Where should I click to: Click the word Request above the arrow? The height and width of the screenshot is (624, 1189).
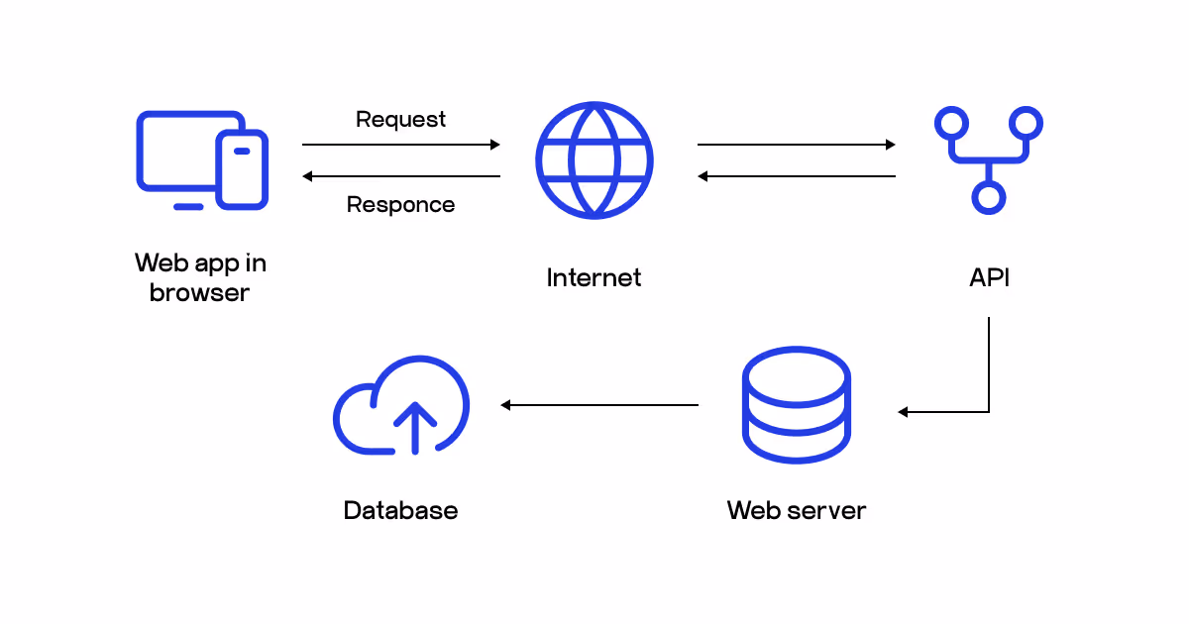(400, 120)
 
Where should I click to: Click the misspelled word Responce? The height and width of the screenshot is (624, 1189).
(400, 205)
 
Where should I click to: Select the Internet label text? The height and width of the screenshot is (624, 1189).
(594, 278)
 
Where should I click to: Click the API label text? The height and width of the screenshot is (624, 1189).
(989, 278)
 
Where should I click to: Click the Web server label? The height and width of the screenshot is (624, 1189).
(796, 511)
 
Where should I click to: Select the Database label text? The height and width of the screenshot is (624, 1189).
(400, 511)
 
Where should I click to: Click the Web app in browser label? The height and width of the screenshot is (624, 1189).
(200, 278)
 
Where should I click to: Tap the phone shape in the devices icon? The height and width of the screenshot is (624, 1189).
(242, 169)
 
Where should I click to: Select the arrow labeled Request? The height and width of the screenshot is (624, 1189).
(400, 145)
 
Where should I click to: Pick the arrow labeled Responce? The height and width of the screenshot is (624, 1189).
(400, 176)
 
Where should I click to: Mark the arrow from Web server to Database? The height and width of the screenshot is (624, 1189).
(599, 405)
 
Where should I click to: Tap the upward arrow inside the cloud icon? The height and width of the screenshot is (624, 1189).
(414, 426)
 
